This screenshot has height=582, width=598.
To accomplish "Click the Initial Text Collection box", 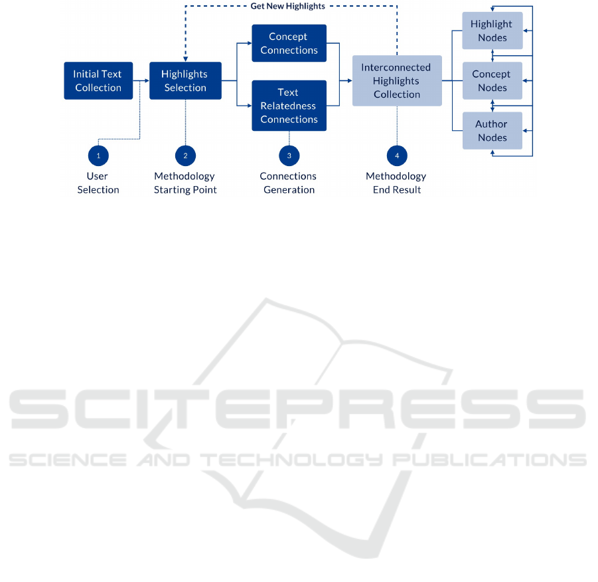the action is [98, 80].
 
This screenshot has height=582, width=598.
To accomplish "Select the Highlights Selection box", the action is [185, 80].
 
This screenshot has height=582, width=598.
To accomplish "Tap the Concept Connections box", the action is [289, 43].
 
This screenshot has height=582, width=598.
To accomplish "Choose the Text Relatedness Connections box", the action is [289, 106].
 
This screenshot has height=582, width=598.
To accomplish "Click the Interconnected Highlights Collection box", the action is [397, 80].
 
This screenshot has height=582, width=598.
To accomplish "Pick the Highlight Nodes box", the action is [492, 31].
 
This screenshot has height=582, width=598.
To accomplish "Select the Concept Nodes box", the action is [492, 80].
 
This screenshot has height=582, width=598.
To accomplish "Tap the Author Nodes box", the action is [492, 131].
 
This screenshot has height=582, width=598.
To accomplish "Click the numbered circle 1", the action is [98, 156].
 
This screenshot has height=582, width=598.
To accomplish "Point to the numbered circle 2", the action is [185, 156].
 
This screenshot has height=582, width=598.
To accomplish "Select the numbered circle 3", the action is [289, 156].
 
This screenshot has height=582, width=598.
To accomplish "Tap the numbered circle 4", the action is [397, 156].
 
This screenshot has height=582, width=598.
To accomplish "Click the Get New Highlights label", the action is [287, 6].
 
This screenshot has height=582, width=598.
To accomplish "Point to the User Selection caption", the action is [98, 183].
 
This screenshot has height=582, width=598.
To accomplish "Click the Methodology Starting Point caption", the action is [185, 183].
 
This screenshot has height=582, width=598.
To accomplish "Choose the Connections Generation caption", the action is [288, 183].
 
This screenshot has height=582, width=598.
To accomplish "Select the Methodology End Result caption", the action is [396, 183].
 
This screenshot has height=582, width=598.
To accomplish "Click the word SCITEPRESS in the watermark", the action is [297, 409].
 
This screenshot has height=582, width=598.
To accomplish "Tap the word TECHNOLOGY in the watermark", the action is [292, 460].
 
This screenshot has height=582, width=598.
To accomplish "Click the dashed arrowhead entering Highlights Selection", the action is [185, 59].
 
